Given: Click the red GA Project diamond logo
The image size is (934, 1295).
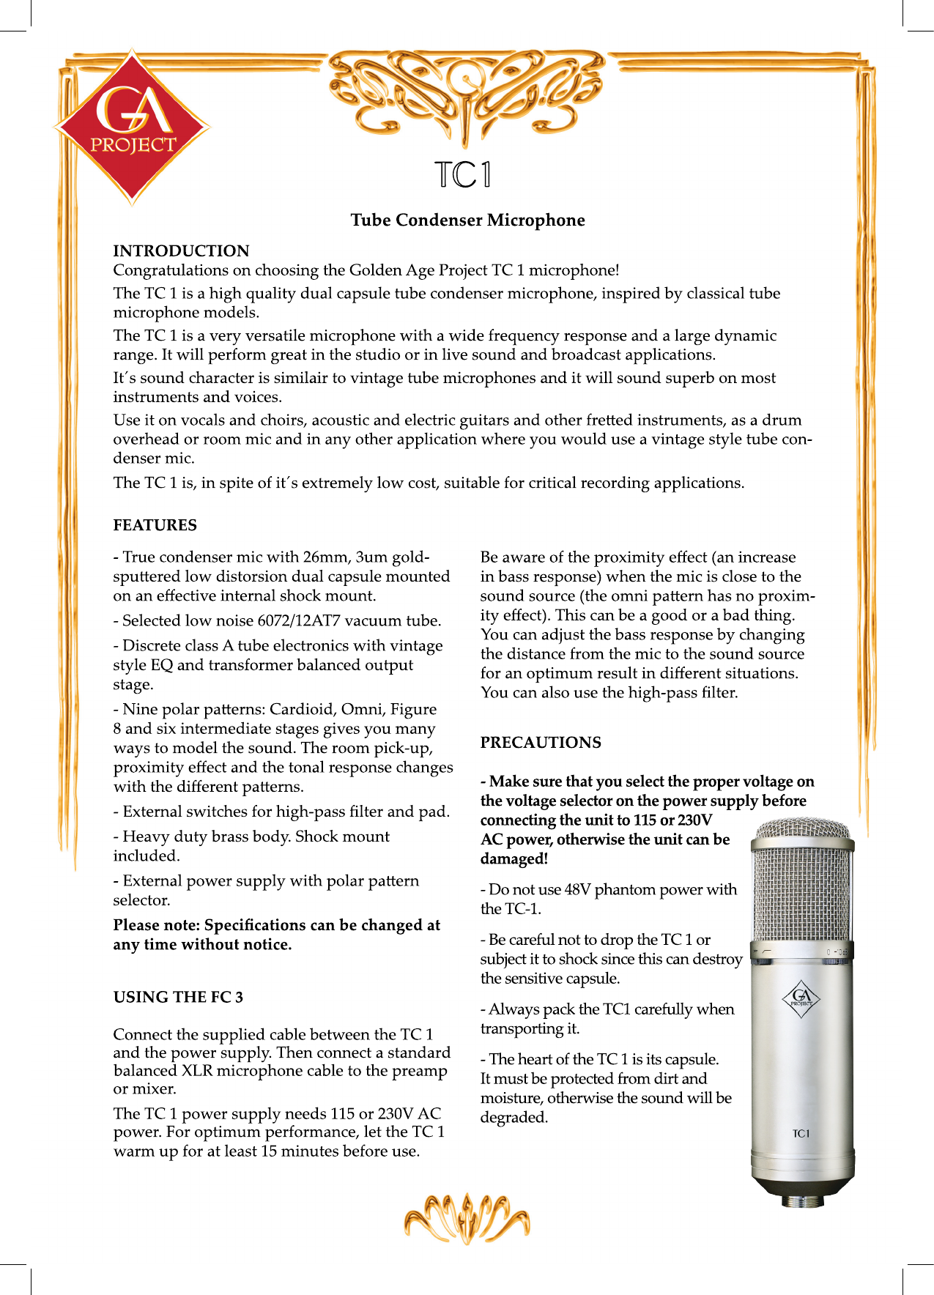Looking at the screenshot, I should pyautogui.click(x=132, y=127).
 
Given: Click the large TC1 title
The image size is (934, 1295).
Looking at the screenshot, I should pyautogui.click(x=463, y=174).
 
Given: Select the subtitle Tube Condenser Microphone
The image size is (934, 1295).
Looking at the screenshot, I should pyautogui.click(x=467, y=220).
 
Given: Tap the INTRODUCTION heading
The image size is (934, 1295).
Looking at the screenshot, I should pyautogui.click(x=181, y=251).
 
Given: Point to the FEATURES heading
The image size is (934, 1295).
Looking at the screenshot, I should pyautogui.click(x=155, y=525).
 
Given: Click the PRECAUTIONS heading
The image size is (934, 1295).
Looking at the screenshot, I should pyautogui.click(x=541, y=743).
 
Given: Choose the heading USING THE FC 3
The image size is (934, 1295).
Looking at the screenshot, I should pyautogui.click(x=178, y=997).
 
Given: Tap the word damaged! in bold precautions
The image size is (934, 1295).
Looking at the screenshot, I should pyautogui.click(x=514, y=859).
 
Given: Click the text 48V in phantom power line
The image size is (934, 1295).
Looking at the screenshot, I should pyautogui.click(x=577, y=890).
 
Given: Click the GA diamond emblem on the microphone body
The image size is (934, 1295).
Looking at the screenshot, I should pyautogui.click(x=801, y=998).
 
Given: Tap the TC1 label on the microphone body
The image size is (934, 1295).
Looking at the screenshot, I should pyautogui.click(x=801, y=1134).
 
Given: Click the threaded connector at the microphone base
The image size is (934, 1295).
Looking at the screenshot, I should pyautogui.click(x=802, y=1202).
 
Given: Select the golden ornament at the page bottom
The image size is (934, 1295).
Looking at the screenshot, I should pyautogui.click(x=467, y=1220).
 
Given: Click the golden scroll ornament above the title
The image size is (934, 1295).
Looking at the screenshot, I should pyautogui.click(x=467, y=92).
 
